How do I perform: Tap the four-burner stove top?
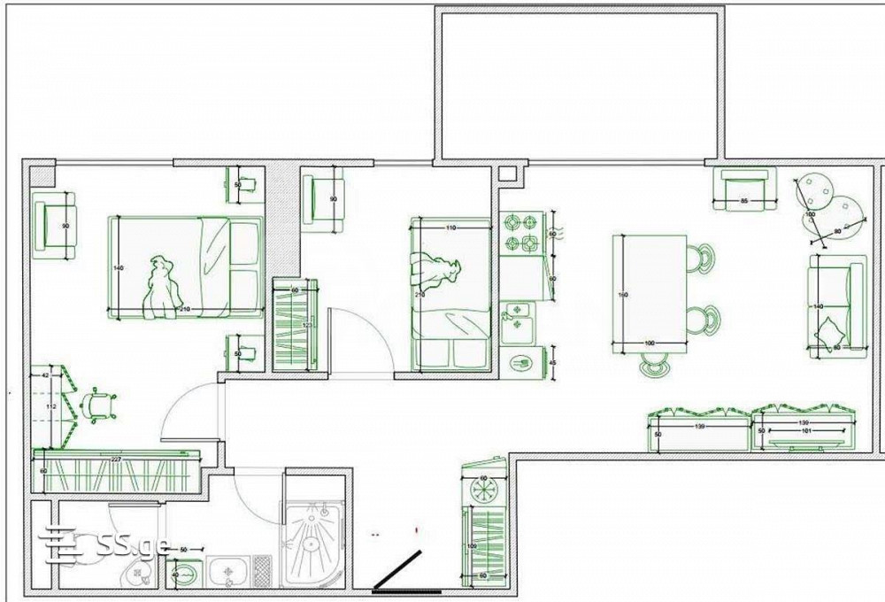[x=521, y=232]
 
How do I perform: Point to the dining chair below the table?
[x=655, y=365]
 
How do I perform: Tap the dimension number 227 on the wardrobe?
[x=115, y=458]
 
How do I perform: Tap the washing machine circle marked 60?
[x=484, y=489]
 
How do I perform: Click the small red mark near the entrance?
[x=416, y=529]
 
